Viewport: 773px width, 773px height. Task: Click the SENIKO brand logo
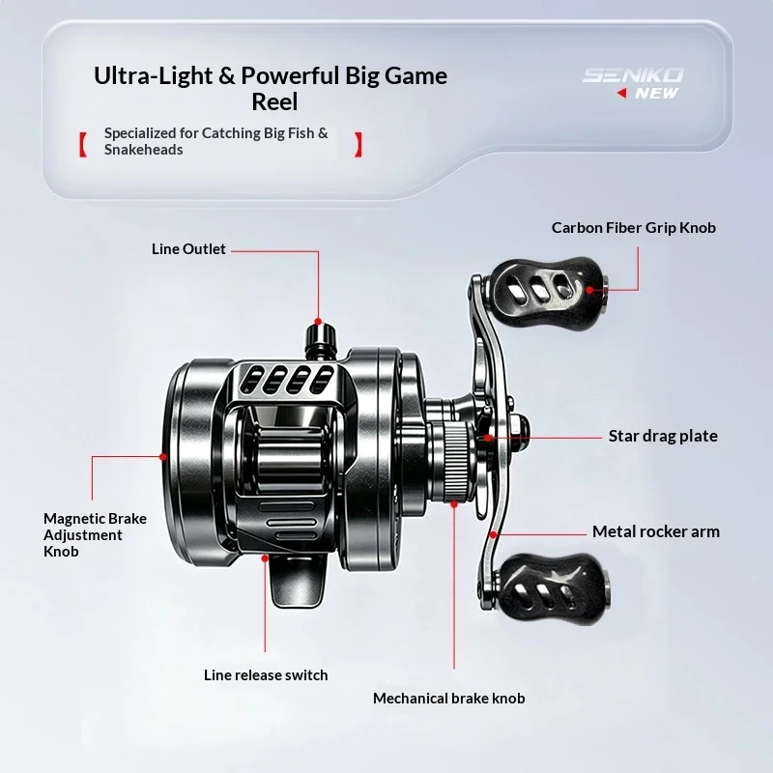(x=633, y=75)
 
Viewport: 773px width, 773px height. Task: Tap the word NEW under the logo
(x=657, y=93)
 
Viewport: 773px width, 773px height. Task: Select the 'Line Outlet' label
(x=188, y=249)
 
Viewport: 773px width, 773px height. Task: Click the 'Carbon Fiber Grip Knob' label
(x=634, y=228)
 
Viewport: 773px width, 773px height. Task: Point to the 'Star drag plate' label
(x=663, y=436)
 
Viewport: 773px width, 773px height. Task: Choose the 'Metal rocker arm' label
(x=656, y=531)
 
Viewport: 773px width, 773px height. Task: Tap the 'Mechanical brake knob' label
(x=448, y=698)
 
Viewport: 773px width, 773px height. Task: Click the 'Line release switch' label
(x=266, y=674)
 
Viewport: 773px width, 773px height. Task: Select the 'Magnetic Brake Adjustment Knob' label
(x=95, y=535)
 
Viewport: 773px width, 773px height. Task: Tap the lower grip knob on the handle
(x=552, y=589)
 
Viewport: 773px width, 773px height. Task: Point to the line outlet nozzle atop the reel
(x=321, y=340)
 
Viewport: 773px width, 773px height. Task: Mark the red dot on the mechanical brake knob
(x=454, y=503)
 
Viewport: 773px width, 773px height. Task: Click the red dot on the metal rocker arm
(x=493, y=534)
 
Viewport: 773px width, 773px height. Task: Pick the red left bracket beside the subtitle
(x=83, y=144)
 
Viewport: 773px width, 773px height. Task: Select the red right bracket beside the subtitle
(x=358, y=144)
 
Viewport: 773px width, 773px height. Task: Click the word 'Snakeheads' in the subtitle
(x=143, y=150)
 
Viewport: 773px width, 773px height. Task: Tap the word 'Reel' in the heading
(x=274, y=102)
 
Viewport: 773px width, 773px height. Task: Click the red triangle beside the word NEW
(x=621, y=93)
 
